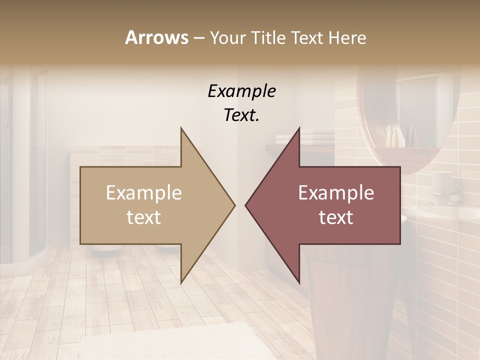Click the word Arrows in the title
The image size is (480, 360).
point(156,37)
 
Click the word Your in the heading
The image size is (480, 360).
point(227,37)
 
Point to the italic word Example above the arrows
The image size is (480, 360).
point(241,91)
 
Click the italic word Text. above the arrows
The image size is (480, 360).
point(241,115)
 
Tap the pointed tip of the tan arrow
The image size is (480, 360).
point(233,205)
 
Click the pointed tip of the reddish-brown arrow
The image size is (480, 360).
point(247,205)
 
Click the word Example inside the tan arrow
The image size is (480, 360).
point(144,193)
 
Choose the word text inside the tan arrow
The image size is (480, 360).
point(144,217)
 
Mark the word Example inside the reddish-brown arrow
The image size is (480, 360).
point(336,193)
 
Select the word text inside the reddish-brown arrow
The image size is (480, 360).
point(336,217)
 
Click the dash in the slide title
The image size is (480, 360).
point(198,38)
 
